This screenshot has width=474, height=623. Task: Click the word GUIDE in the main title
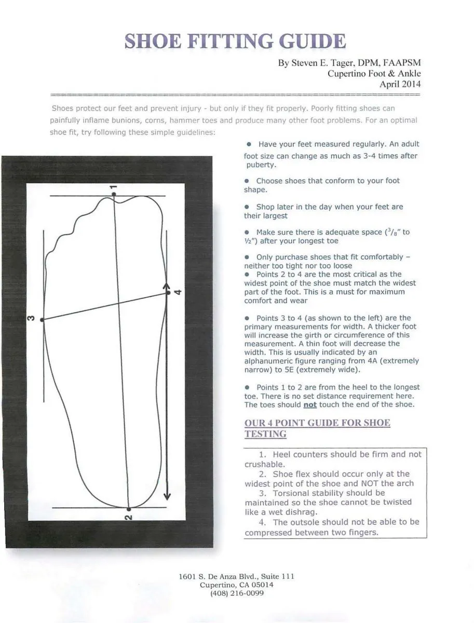coord(304,42)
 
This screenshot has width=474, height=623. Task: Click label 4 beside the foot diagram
coord(178,292)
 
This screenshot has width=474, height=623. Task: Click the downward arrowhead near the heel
coord(167,496)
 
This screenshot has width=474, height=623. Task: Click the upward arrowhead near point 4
coord(167,286)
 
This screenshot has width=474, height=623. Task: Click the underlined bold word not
coord(309,405)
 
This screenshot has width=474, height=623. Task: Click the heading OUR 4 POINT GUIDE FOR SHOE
coord(317,423)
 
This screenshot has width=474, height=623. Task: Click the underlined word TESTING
coord(265,434)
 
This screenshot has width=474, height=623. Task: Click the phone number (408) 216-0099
coord(237,593)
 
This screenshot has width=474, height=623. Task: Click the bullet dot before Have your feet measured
coord(249,144)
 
